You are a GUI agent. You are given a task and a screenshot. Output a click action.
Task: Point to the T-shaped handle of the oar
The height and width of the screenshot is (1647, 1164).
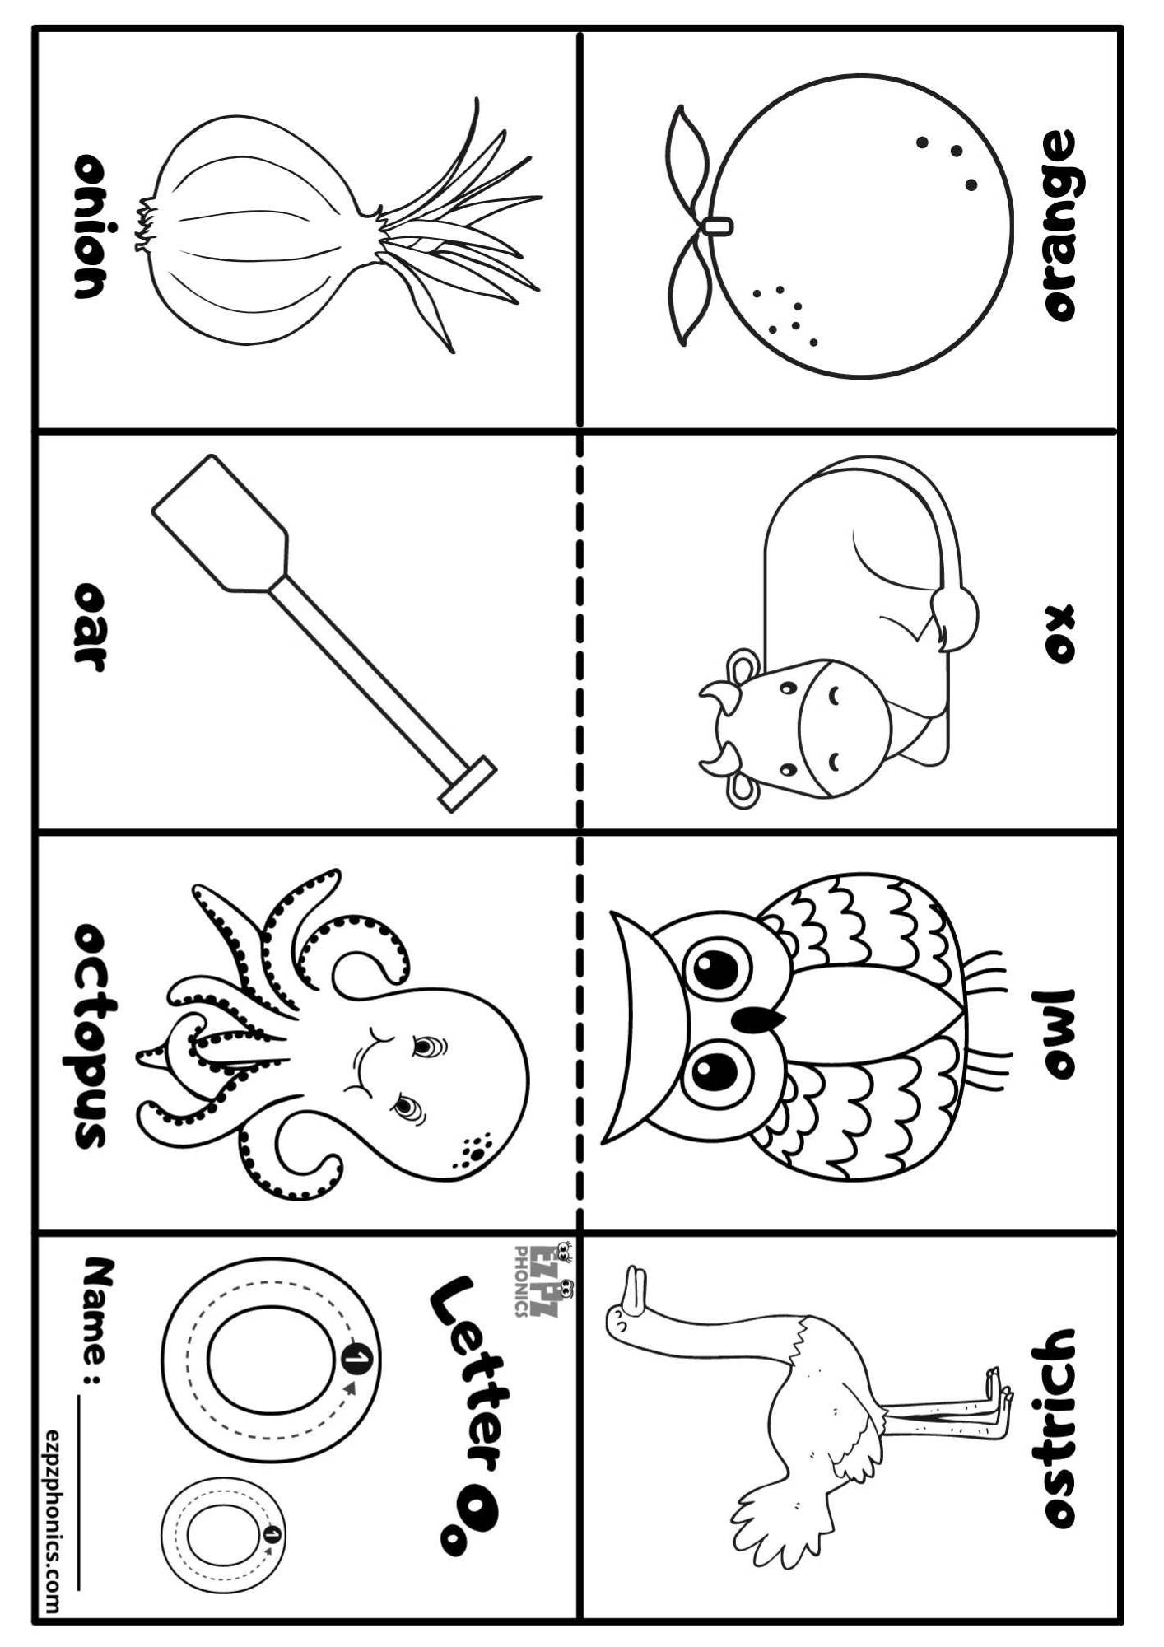coord(468,785)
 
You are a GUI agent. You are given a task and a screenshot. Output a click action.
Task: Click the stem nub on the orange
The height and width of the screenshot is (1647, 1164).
coord(718,224)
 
